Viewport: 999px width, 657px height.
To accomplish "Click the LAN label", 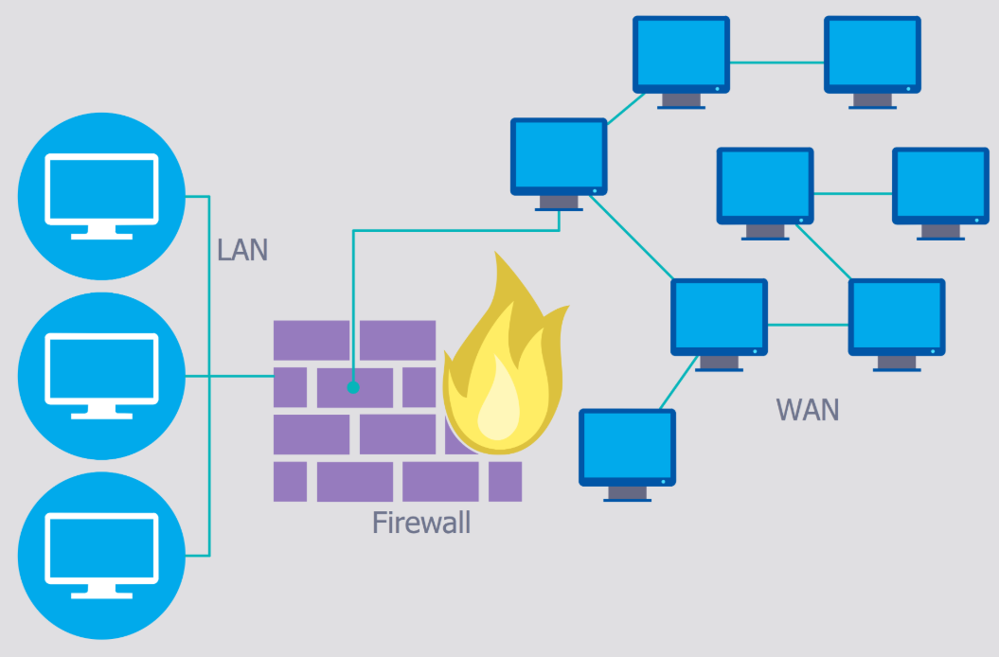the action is (242, 250).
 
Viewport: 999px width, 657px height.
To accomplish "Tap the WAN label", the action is (807, 410).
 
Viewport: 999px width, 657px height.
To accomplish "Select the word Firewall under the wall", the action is (421, 523).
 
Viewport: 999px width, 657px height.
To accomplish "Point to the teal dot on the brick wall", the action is (353, 387).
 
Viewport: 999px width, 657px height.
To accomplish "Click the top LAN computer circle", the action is (102, 196).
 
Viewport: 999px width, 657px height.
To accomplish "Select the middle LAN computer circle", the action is (102, 376).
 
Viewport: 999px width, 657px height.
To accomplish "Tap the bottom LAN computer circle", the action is (102, 556).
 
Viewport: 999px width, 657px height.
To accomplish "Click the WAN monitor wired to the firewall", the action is (559, 164).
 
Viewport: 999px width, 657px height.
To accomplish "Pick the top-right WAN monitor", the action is (872, 62).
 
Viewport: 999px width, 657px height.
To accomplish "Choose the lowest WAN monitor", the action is (627, 455).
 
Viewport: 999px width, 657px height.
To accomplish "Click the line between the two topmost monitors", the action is (776, 62).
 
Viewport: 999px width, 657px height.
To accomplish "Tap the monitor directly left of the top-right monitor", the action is (681, 62).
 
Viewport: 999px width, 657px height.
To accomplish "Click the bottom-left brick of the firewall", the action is (290, 481).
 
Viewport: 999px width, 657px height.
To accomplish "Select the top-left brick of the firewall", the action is (312, 340).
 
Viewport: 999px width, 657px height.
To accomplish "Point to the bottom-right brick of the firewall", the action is (506, 481).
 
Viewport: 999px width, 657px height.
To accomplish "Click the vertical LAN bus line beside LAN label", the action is (209, 376).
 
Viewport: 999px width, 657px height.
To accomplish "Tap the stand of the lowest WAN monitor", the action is (627, 494).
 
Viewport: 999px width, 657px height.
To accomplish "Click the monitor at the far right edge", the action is (940, 194).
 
